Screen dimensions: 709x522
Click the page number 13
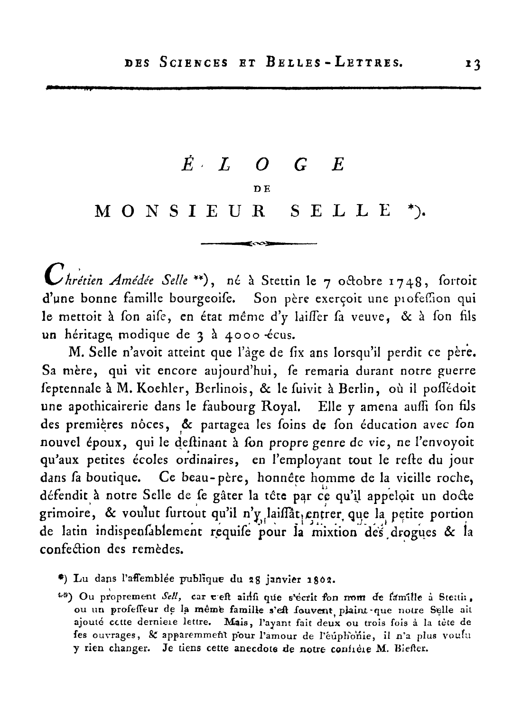(x=473, y=63)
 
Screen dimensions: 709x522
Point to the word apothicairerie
(x=105, y=406)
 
